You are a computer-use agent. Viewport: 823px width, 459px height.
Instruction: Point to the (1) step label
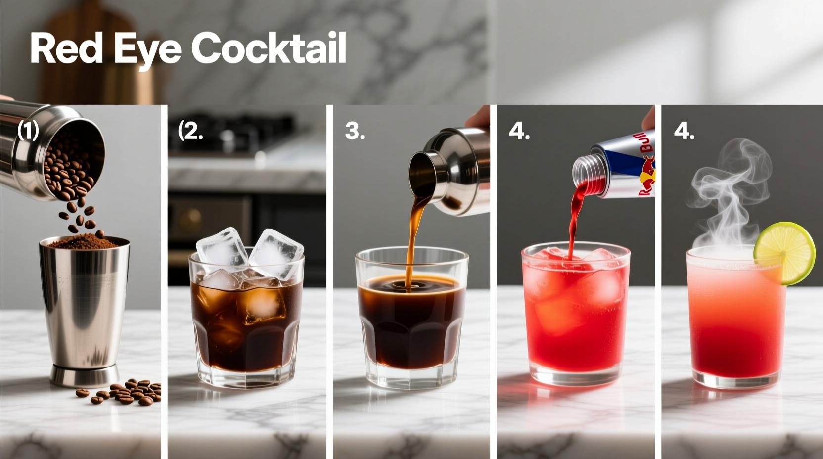28,131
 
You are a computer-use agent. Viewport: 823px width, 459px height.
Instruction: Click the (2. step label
190,131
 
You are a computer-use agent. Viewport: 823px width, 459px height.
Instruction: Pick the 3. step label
355,131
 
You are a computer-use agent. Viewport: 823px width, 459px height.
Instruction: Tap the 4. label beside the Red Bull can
519,132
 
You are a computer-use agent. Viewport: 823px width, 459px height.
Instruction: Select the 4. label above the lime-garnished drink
684,132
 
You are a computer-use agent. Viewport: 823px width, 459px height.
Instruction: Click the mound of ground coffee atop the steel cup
84,242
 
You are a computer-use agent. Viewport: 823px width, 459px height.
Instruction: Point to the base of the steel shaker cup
84,376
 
